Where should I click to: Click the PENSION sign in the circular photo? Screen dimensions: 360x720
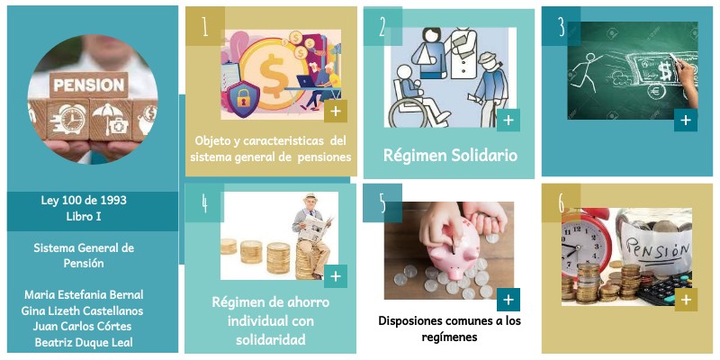click(88, 85)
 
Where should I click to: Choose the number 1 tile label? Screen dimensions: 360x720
click(205, 26)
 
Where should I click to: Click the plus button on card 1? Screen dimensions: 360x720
click(334, 111)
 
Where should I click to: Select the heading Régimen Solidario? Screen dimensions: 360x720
click(450, 155)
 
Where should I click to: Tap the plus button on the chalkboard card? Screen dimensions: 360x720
click(685, 120)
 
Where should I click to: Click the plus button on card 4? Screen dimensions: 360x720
click(335, 276)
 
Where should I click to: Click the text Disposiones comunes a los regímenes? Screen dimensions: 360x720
click(449, 328)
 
